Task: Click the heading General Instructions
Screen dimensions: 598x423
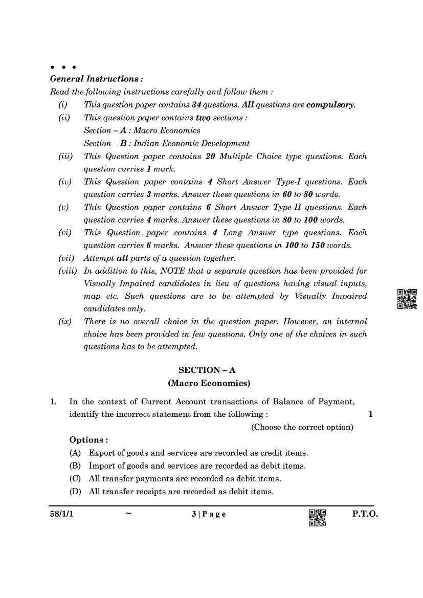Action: pyautogui.click(x=96, y=79)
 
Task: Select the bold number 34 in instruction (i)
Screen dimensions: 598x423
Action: pyautogui.click(x=196, y=105)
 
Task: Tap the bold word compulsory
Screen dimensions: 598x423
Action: pyautogui.click(x=330, y=105)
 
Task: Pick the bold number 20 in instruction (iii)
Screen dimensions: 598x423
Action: pyautogui.click(x=210, y=156)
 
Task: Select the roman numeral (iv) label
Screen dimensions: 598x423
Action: pyautogui.click(x=65, y=182)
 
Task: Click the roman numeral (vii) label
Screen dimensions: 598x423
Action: pyautogui.click(x=66, y=258)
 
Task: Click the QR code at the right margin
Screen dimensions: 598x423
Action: pyautogui.click(x=407, y=299)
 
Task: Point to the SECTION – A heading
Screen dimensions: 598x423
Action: pyautogui.click(x=207, y=370)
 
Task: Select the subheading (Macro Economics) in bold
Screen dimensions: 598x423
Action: pyautogui.click(x=209, y=383)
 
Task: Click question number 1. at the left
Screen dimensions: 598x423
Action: pyautogui.click(x=54, y=402)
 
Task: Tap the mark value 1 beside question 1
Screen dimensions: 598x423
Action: pyautogui.click(x=370, y=414)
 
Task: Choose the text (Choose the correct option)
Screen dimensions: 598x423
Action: pyautogui.click(x=302, y=427)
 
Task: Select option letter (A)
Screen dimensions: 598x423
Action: pyautogui.click(x=75, y=453)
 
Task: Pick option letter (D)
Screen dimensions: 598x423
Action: pyautogui.click(x=75, y=492)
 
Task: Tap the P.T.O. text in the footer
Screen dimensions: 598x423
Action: pyautogui.click(x=365, y=515)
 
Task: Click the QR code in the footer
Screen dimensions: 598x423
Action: pyautogui.click(x=317, y=518)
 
